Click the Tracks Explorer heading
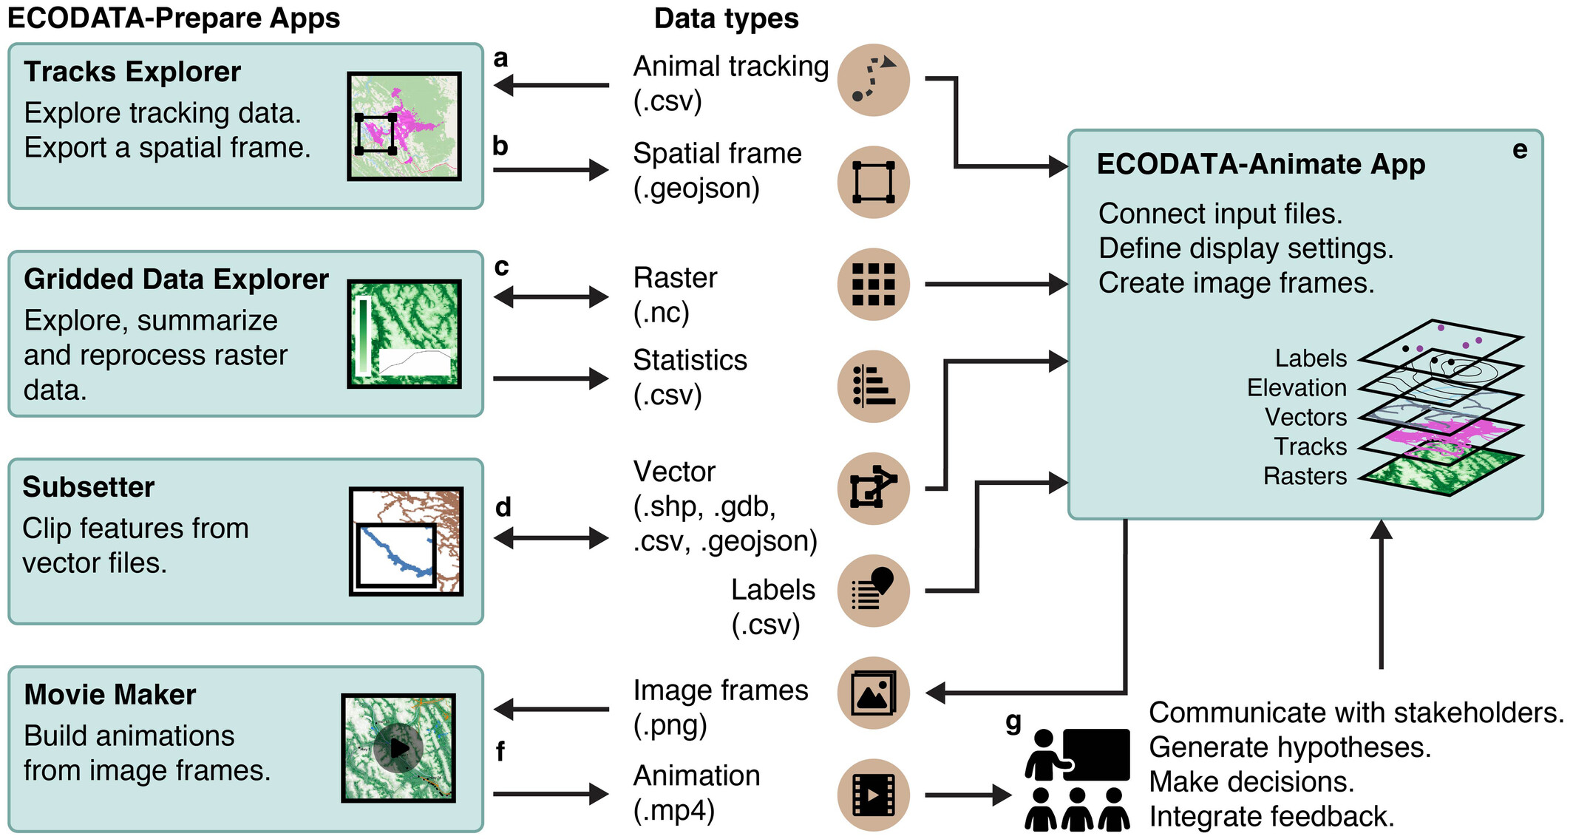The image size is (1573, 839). (x=132, y=72)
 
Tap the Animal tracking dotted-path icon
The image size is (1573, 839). (x=873, y=80)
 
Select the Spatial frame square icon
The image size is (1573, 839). (x=873, y=182)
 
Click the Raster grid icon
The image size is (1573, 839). (x=873, y=284)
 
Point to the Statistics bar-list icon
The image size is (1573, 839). (x=873, y=386)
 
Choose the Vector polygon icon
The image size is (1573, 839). (x=873, y=488)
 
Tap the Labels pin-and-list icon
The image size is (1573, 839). (x=873, y=590)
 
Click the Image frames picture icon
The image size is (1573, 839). (x=873, y=693)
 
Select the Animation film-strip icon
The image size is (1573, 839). (x=873, y=795)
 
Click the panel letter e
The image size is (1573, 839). (x=1519, y=150)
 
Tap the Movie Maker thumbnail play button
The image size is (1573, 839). (x=398, y=748)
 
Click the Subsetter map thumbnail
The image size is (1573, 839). (x=406, y=541)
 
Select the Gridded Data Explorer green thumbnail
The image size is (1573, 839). (x=404, y=333)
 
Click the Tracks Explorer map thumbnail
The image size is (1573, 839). (x=404, y=126)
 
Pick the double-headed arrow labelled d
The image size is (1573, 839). (x=551, y=538)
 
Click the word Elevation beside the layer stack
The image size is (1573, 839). (x=1297, y=387)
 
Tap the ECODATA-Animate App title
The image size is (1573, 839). (x=1260, y=164)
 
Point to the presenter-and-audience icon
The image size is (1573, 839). (x=1077, y=779)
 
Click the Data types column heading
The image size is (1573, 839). (x=726, y=18)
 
